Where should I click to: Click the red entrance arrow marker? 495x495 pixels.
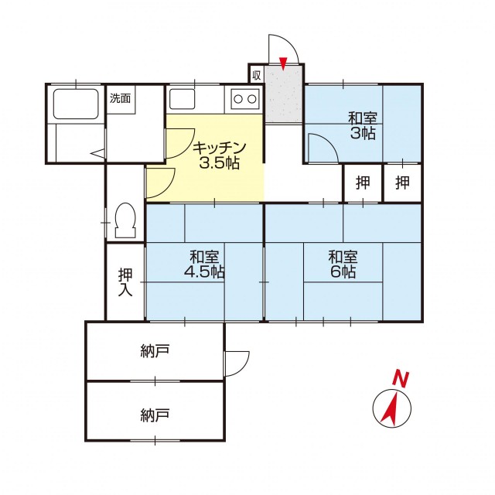284,63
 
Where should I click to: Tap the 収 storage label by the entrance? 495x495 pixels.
256,75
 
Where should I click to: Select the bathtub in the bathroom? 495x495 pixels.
76,104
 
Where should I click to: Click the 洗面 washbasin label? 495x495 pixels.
121,98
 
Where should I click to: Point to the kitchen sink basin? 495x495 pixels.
183,99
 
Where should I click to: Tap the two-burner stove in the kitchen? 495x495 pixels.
245,99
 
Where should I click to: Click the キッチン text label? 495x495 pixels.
220,148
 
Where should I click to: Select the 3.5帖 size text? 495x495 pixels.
219,163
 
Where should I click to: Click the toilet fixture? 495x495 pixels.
125,220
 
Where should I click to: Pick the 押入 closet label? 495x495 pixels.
125,282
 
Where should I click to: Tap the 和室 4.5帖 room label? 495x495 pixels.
204,265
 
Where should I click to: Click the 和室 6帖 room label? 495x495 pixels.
343,265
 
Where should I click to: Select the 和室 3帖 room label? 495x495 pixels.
363,125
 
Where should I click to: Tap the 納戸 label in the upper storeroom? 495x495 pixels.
155,351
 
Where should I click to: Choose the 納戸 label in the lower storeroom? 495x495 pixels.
155,415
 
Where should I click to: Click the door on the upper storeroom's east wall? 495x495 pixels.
237,363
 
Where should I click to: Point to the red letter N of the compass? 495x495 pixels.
401,379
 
